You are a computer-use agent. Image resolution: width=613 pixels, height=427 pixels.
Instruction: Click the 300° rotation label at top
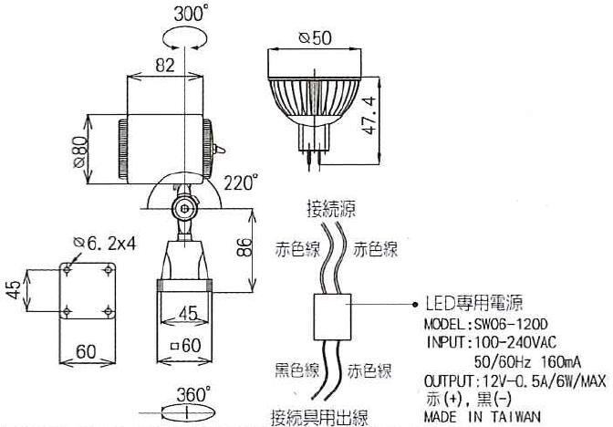coord(191,14)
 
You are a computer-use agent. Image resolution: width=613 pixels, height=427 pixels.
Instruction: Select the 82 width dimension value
coord(165,65)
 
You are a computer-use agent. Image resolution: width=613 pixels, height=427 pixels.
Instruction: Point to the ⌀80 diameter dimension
coord(80,152)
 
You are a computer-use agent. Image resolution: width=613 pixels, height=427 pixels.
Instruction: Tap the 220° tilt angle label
coord(241,182)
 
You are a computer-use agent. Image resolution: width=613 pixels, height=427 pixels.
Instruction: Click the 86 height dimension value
coord(245,246)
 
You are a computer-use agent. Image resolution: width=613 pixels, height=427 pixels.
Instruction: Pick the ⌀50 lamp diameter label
coord(315,38)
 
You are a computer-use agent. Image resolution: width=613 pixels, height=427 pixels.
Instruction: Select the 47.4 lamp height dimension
coord(369,115)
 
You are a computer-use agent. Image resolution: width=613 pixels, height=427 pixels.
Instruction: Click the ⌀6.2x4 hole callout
coord(105,244)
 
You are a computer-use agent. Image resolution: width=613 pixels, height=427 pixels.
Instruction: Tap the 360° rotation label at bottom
coord(193,394)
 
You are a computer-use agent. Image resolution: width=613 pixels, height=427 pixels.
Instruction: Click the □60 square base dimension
coord(186,345)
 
